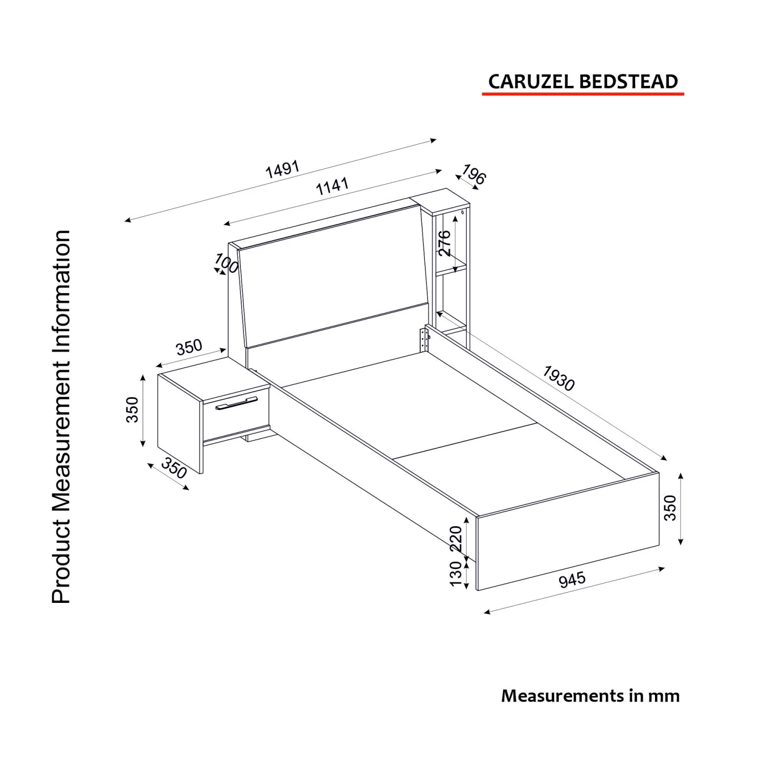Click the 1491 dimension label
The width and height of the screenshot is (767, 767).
[282, 169]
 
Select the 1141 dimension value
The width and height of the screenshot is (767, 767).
[332, 186]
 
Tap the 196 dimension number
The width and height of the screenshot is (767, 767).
[473, 175]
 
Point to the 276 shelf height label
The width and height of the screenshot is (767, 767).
[445, 243]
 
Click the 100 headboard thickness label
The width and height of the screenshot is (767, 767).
[227, 263]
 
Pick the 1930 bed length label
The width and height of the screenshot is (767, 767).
[558, 378]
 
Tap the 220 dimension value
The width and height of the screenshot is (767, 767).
[456, 538]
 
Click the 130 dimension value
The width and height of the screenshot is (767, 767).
[456, 574]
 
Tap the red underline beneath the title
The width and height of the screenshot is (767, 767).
[582, 94]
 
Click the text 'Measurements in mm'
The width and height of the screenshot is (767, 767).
[590, 696]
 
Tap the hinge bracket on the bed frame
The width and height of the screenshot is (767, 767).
[423, 339]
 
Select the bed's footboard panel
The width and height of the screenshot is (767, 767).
[568, 532]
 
